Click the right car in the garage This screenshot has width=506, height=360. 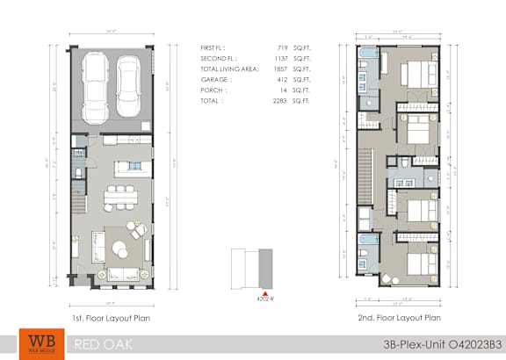pos(129,80)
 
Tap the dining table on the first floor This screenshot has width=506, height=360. pos(117,195)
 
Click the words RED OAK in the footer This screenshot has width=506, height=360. pos(104,343)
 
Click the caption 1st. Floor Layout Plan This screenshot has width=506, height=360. pos(112,317)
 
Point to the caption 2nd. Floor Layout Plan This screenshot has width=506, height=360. pos(400,317)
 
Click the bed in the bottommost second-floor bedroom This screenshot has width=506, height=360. pos(420,254)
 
